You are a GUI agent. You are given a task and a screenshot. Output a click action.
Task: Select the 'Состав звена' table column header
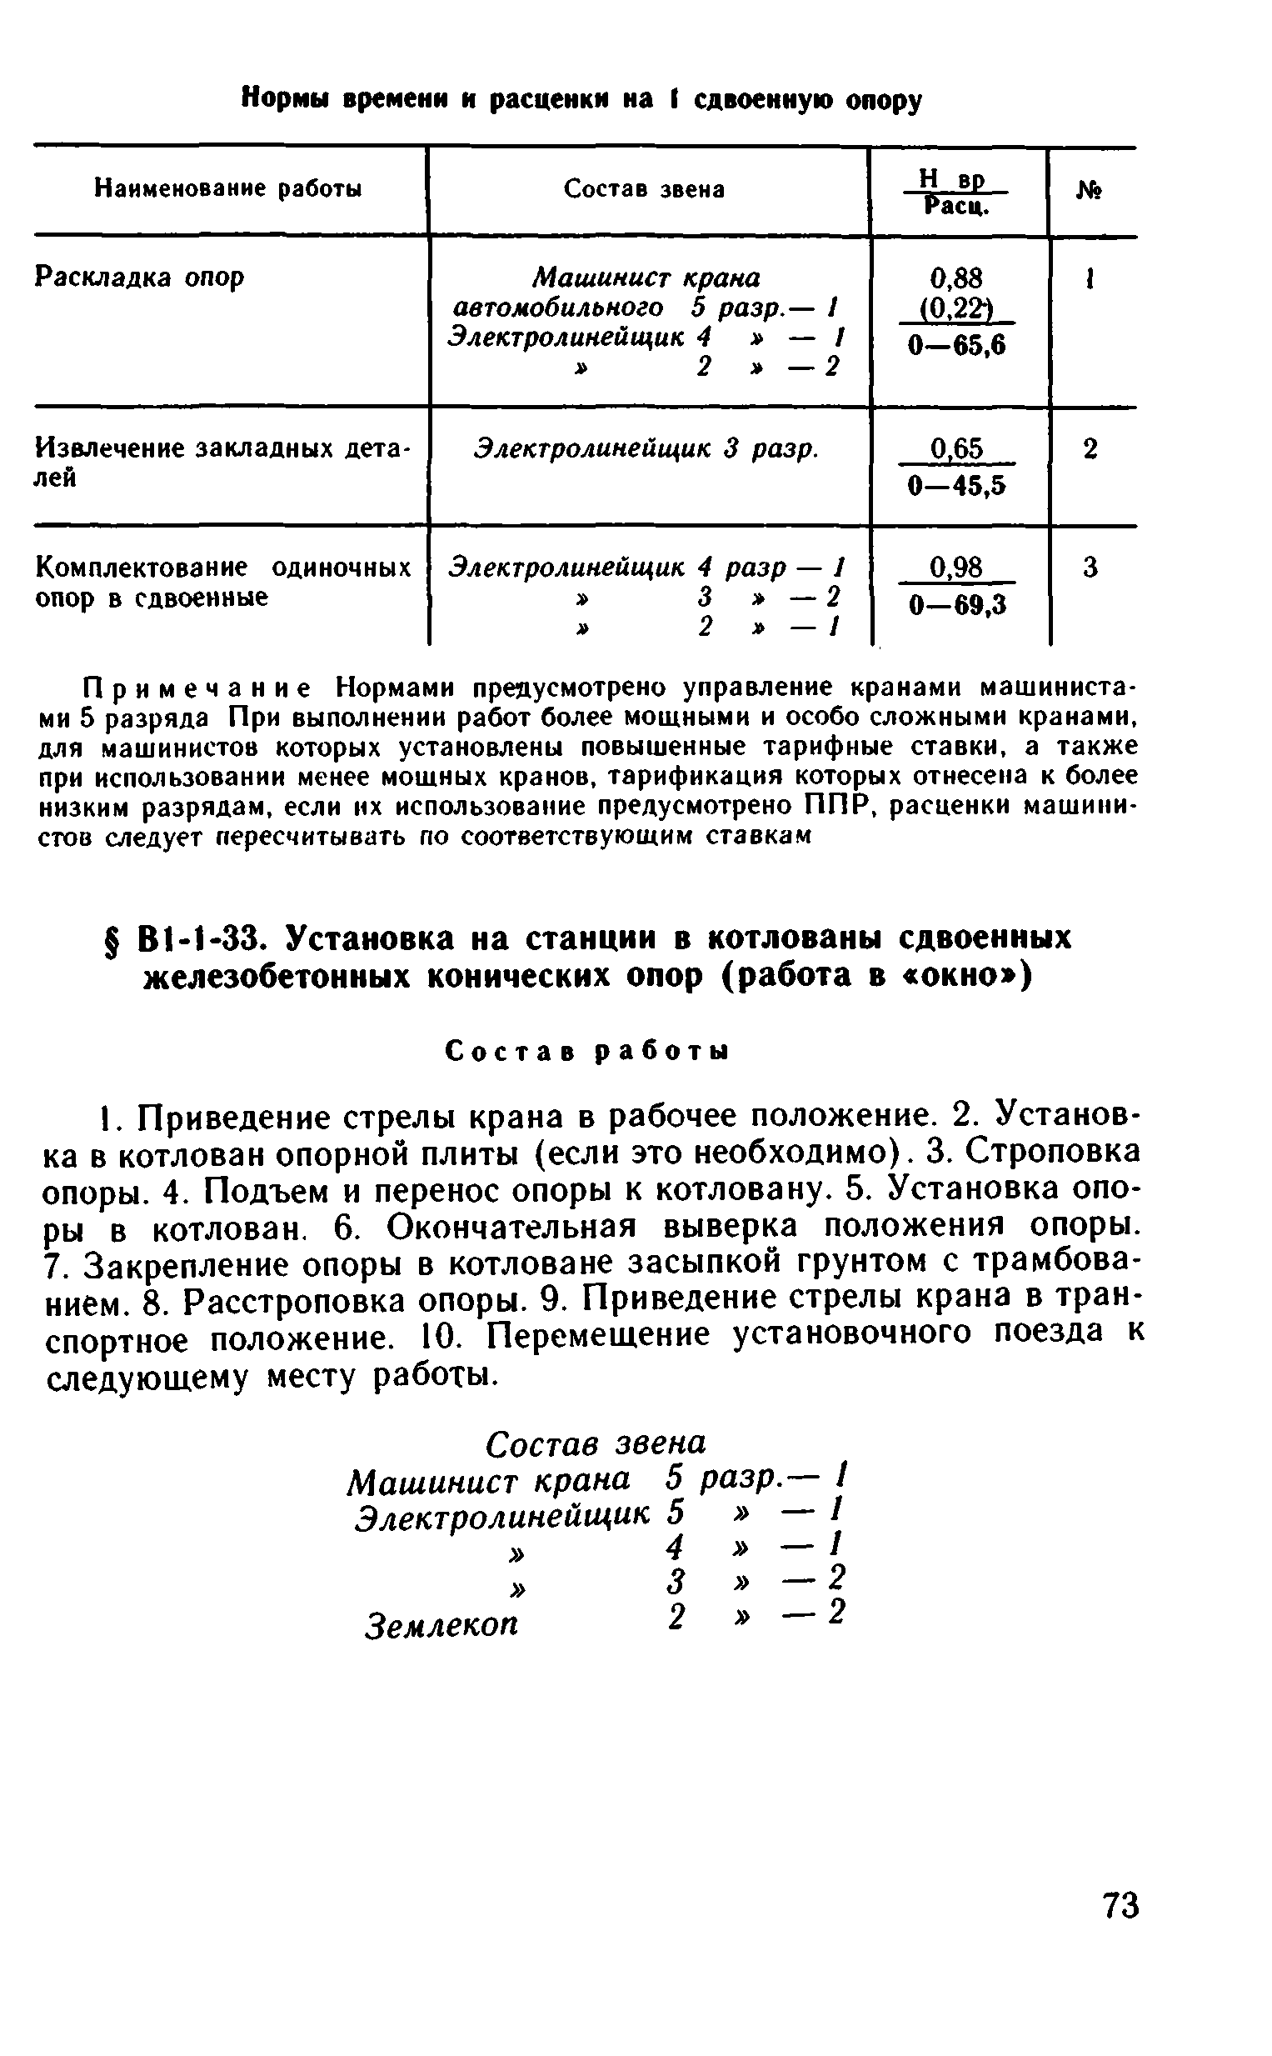pos(644,189)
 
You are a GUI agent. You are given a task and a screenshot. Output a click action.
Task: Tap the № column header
pos(1090,192)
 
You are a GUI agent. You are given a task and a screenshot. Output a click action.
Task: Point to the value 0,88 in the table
pos(955,278)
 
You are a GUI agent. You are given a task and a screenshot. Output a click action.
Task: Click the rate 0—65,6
pos(956,345)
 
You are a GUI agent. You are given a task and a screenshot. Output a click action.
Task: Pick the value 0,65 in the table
pos(955,448)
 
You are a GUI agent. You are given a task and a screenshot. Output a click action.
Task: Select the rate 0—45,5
pos(956,486)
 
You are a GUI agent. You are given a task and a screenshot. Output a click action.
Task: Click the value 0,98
pos(955,568)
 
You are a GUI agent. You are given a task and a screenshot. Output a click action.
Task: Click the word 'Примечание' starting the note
pos(197,688)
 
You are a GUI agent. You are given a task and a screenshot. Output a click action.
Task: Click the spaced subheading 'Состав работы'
pos(586,1051)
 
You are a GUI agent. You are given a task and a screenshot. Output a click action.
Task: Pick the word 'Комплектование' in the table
pos(142,568)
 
